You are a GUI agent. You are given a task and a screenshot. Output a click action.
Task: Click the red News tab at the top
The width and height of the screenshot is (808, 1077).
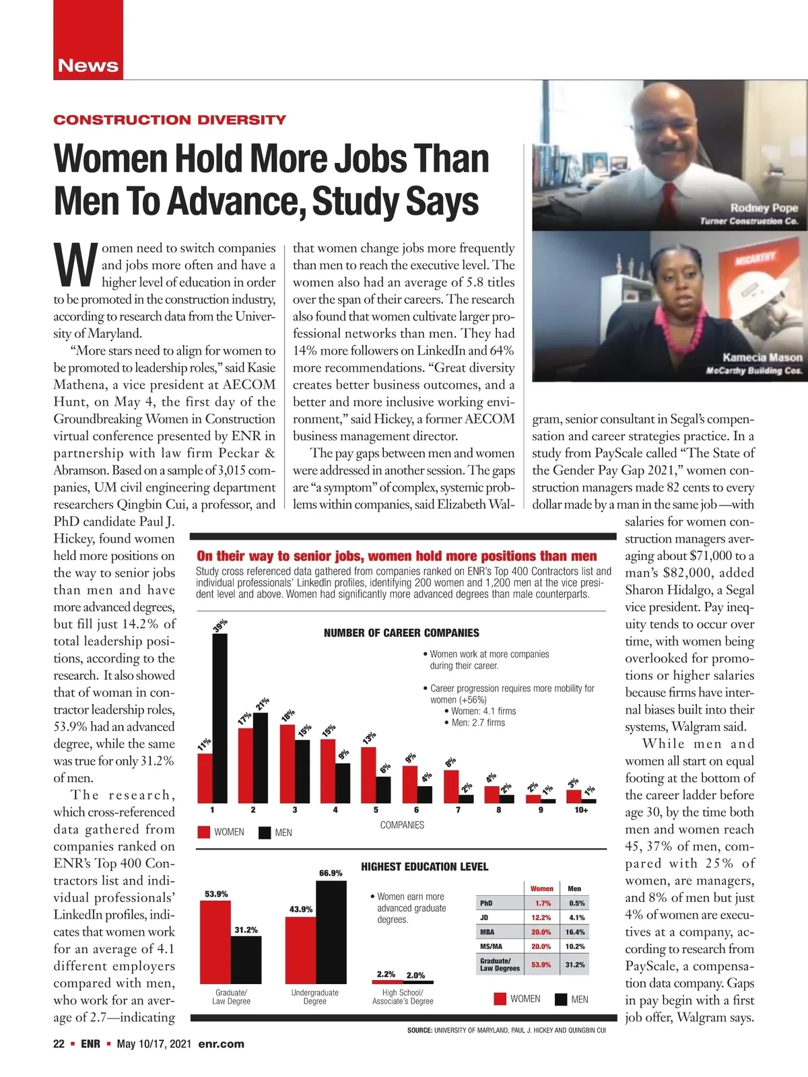point(88,65)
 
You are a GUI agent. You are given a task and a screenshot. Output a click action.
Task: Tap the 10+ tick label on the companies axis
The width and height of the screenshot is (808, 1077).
point(581,810)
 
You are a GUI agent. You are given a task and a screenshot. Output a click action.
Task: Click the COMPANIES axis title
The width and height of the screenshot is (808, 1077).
point(402,825)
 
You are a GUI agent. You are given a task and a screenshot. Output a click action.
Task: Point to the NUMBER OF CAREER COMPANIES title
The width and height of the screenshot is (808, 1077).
point(401,633)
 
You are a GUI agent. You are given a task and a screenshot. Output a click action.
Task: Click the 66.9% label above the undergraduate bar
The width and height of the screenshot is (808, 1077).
point(331,873)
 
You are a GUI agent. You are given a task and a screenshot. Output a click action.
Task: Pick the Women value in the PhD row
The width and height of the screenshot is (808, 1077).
point(542,903)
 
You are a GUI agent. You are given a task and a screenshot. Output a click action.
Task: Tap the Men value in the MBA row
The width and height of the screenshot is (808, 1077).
point(575,932)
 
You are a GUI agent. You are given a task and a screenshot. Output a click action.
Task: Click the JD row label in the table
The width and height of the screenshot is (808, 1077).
point(484,917)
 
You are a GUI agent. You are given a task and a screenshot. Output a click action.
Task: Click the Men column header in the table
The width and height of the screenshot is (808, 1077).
point(574,889)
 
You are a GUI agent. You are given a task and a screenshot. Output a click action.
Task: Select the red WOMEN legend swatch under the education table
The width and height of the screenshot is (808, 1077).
point(500,1000)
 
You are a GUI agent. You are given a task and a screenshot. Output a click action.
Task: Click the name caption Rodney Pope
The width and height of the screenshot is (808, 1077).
point(764,208)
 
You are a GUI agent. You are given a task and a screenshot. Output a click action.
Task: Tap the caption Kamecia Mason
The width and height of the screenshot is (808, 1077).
point(762,357)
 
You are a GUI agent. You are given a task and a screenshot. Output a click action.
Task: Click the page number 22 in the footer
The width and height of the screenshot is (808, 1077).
point(59,1045)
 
